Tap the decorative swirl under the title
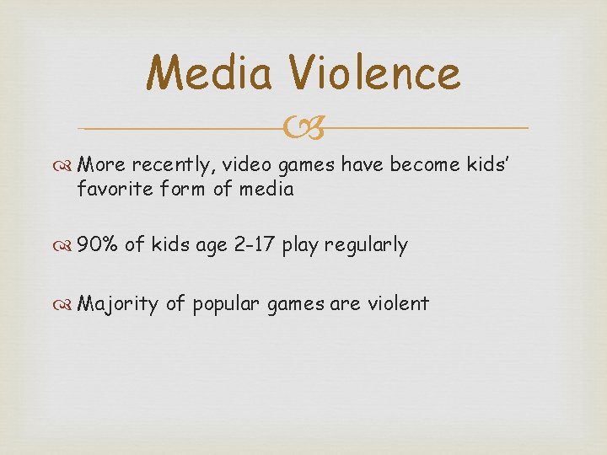click(x=303, y=128)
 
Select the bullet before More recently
click(x=67, y=166)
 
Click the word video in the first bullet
click(x=246, y=166)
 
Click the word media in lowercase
click(x=266, y=189)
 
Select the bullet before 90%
click(x=67, y=246)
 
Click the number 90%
click(x=97, y=245)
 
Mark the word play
click(x=300, y=246)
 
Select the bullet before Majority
click(x=67, y=303)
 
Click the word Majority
click(x=117, y=303)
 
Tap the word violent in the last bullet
click(x=397, y=302)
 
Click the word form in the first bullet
click(x=190, y=189)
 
